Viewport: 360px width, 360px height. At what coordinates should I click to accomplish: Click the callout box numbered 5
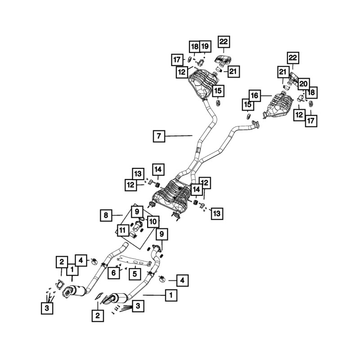[134, 273]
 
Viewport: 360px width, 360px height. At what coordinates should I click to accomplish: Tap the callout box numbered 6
[114, 273]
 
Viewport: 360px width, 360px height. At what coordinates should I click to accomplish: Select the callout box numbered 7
[159, 135]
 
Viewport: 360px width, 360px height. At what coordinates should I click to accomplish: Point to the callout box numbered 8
[106, 216]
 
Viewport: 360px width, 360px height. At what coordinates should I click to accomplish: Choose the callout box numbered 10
[153, 221]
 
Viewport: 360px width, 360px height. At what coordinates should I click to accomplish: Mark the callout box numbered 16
[254, 95]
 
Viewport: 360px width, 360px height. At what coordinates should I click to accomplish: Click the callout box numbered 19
[205, 46]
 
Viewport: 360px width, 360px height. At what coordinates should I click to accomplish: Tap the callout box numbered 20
[303, 84]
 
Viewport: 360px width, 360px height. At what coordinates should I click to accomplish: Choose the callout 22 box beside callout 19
[224, 42]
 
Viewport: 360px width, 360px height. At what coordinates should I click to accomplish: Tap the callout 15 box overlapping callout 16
[247, 105]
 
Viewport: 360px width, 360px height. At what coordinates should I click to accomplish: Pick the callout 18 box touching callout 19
[194, 46]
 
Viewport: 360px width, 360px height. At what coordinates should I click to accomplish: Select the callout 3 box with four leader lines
[138, 306]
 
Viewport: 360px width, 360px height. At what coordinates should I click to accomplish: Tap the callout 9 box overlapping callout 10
[137, 210]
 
